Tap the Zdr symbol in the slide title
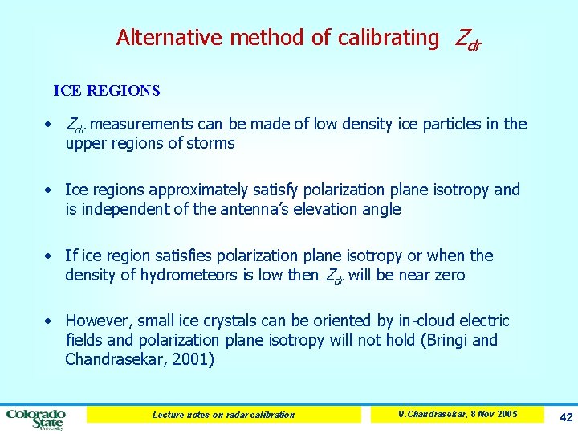(x=468, y=39)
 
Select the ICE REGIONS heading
(x=107, y=91)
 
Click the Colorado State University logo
(x=36, y=417)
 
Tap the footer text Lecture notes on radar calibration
(x=223, y=415)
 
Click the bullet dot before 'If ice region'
(x=49, y=256)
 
